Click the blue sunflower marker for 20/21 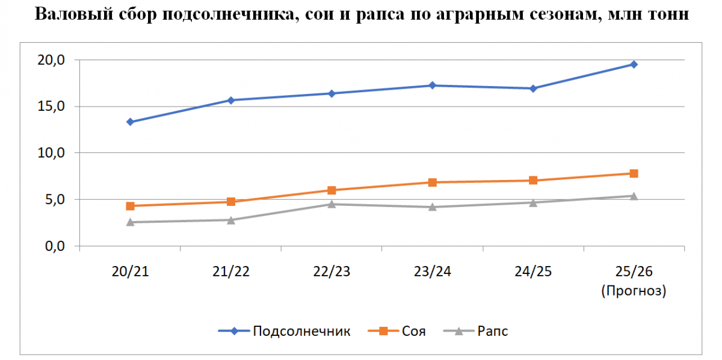tap(130, 122)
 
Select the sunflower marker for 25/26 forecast tap(634, 64)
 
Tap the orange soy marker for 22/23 tap(332, 190)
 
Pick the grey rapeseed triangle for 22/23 tap(332, 204)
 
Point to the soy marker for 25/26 tap(634, 173)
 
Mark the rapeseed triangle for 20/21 tap(130, 222)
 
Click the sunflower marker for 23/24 tap(432, 85)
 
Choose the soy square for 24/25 tap(533, 181)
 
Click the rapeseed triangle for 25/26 tap(634, 196)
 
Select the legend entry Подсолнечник tap(301, 331)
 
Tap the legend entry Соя tap(413, 331)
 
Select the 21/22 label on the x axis tap(231, 272)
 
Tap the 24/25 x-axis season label tap(533, 272)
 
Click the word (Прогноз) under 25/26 tap(634, 291)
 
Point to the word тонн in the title tap(664, 14)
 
